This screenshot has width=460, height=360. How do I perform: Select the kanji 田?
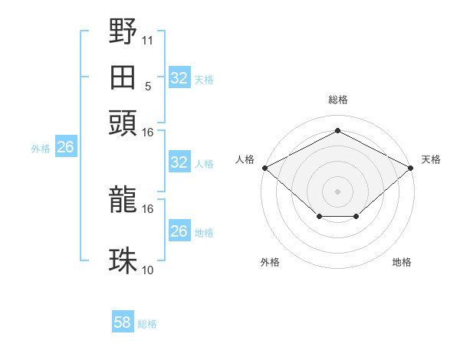(x=123, y=77)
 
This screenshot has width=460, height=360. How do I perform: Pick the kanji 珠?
(x=123, y=261)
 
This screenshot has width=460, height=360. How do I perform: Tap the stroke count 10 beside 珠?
(x=148, y=270)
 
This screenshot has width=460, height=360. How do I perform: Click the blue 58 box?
(x=123, y=322)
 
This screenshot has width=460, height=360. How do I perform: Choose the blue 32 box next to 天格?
(x=179, y=78)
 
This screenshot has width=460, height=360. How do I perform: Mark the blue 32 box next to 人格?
(x=179, y=162)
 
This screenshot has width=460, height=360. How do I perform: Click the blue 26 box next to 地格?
(x=179, y=231)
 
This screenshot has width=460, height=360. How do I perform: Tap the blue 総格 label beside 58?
(x=147, y=324)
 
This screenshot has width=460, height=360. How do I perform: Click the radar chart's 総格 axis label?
(x=337, y=100)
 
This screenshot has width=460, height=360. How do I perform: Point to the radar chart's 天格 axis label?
(x=431, y=159)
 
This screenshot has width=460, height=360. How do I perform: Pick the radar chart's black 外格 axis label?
(x=270, y=262)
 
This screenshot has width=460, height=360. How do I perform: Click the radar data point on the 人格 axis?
(x=264, y=168)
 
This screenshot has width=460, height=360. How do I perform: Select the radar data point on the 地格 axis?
(x=356, y=218)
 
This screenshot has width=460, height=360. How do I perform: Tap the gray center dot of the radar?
(x=337, y=191)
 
